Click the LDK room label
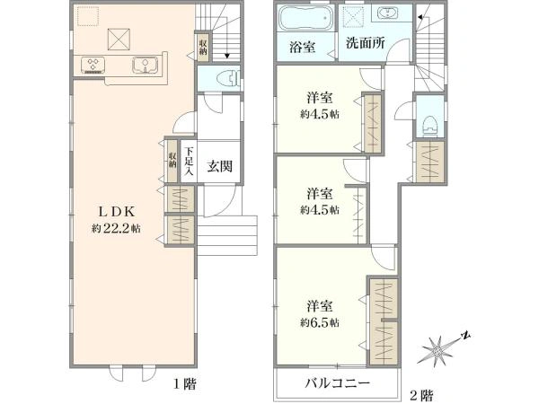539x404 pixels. [117, 212]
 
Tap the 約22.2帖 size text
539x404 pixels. [116, 229]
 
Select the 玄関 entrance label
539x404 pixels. [220, 167]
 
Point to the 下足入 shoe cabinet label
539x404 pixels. [188, 161]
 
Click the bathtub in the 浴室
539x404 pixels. [305, 18]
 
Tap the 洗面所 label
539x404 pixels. [365, 43]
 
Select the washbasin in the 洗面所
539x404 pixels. [388, 13]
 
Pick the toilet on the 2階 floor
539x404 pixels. [429, 126]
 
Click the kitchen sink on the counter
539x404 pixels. [145, 66]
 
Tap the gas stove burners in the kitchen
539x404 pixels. [93, 66]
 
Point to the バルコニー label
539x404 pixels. [338, 382]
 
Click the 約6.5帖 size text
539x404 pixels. [320, 322]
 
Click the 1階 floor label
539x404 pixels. [185, 383]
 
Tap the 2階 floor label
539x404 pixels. [422, 395]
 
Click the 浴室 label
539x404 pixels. [303, 47]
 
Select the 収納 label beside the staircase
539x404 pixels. [203, 47]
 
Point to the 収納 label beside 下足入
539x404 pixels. [172, 160]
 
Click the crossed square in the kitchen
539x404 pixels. [119, 40]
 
